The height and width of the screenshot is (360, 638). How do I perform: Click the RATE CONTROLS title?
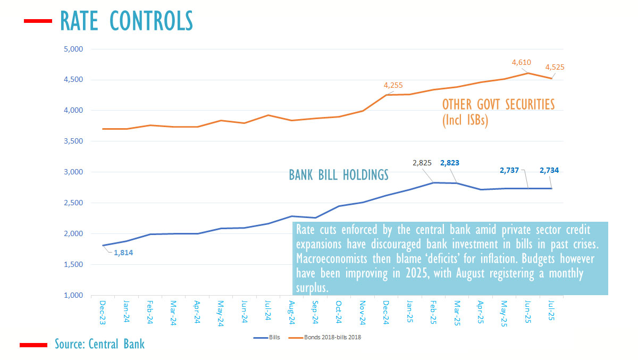pyautogui.click(x=126, y=21)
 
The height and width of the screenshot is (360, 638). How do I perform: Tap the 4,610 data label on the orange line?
pyautogui.click(x=522, y=63)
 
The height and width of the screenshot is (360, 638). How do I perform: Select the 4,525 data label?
pyautogui.click(x=555, y=68)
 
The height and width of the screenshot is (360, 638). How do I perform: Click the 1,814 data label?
pyautogui.click(x=123, y=253)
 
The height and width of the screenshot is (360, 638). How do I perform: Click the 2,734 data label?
pyautogui.click(x=549, y=171)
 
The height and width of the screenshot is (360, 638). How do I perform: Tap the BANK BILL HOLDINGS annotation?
pyautogui.click(x=339, y=175)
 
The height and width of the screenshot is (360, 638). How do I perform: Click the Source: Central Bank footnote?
pyautogui.click(x=99, y=344)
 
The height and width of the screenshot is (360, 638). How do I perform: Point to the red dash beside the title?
pyautogui.click(x=37, y=21)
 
